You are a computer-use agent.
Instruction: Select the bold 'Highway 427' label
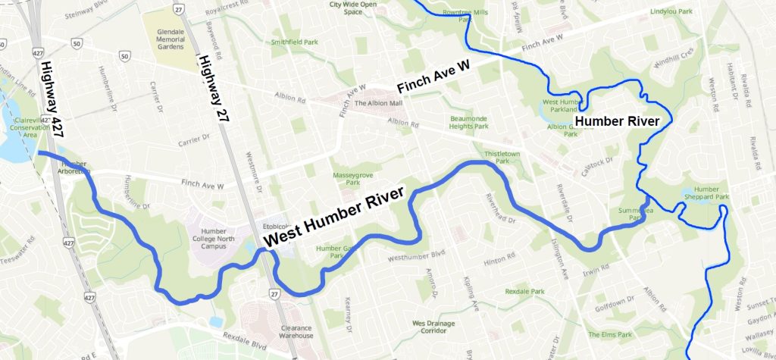click(49, 98)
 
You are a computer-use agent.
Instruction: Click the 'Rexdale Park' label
click(526, 291)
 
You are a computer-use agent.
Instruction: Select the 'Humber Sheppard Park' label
click(711, 193)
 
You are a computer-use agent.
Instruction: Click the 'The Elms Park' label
click(613, 334)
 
